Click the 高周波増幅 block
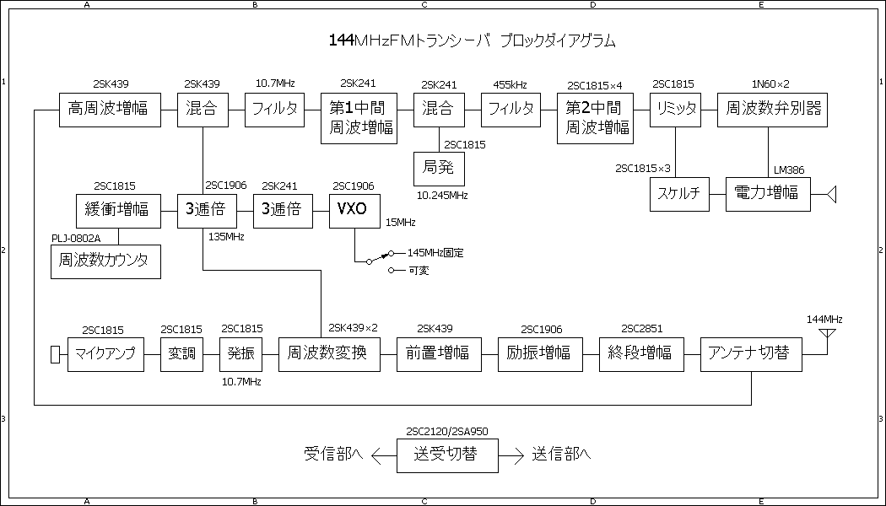coord(110,110)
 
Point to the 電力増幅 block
coord(768,194)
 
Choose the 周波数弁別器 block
coord(768,110)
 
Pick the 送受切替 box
coord(447,455)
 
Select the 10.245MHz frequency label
coord(443,195)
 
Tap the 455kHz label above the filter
coord(511,84)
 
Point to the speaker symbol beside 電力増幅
coord(831,195)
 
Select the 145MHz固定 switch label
coord(435,252)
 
